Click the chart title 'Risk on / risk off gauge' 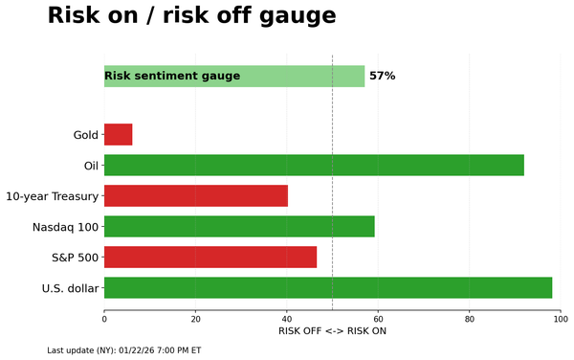coord(191,16)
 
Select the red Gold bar coord(118,134)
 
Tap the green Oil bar coord(314,165)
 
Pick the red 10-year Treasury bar coord(195,195)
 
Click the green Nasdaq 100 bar coord(239,226)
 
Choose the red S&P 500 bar coord(210,257)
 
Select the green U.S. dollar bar coord(328,287)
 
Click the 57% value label coord(382,76)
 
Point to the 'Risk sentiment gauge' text coord(172,76)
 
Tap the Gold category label coord(85,135)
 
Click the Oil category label coord(91,166)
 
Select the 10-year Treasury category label coord(53,196)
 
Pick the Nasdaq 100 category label coord(66,227)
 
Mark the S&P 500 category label coord(75,258)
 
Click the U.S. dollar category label coord(70,288)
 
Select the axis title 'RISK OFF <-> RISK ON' coord(332,331)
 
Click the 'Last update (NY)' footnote coord(123,350)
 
